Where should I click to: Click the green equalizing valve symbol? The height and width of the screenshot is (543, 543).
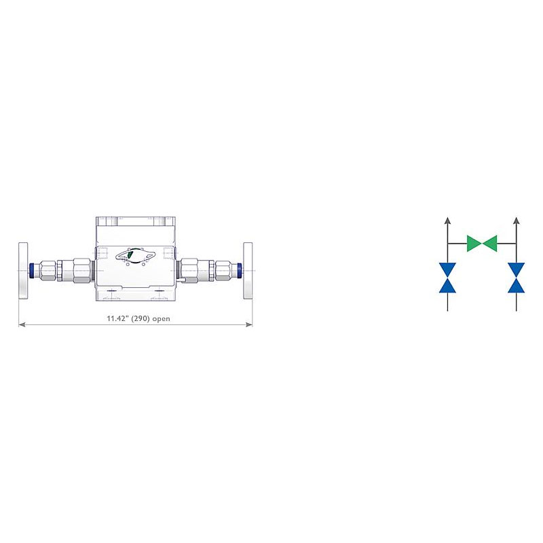(x=482, y=244)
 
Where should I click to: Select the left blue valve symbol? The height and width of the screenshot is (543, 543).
(x=447, y=278)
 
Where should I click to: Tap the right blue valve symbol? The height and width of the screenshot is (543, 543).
(x=516, y=278)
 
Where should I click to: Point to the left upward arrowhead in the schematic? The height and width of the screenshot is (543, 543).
(x=447, y=220)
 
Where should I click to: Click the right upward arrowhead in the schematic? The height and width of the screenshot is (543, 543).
(x=517, y=220)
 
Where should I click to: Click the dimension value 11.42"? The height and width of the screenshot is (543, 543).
(x=117, y=318)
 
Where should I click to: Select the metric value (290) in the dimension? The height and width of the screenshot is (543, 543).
(x=141, y=318)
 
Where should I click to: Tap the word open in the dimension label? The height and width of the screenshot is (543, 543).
(x=162, y=319)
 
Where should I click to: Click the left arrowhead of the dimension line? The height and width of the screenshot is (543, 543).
(x=22, y=324)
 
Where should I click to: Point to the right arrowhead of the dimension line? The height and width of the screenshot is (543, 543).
(x=249, y=324)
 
